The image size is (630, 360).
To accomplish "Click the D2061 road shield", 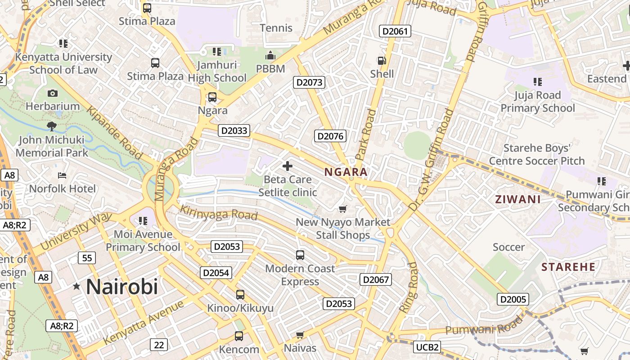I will (x=396, y=31).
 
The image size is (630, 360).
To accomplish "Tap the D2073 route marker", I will (x=309, y=82).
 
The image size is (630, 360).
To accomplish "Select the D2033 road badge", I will (x=234, y=130).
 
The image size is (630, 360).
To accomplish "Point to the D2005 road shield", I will (x=513, y=299).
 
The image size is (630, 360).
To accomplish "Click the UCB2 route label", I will (x=427, y=347).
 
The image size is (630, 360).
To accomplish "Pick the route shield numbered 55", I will (x=87, y=258).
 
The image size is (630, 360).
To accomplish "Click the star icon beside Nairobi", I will (x=76, y=286).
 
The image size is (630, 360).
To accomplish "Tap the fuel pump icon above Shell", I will (x=382, y=61).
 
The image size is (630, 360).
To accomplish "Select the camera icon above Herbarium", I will (x=53, y=93).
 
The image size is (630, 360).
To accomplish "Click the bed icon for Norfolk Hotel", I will (x=62, y=175).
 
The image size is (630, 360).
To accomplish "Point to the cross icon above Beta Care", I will (x=288, y=166).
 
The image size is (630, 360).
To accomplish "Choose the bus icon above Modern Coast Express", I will (x=300, y=255).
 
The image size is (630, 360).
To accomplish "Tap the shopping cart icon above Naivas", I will (x=300, y=335).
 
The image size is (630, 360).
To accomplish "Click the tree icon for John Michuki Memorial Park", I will (x=52, y=126).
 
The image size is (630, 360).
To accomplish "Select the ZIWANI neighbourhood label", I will (x=518, y=199).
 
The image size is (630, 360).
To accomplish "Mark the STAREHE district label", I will (x=568, y=267).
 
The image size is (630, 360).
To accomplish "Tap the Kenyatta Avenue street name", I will (x=144, y=322).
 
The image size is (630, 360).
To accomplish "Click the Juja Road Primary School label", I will (x=538, y=102).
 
